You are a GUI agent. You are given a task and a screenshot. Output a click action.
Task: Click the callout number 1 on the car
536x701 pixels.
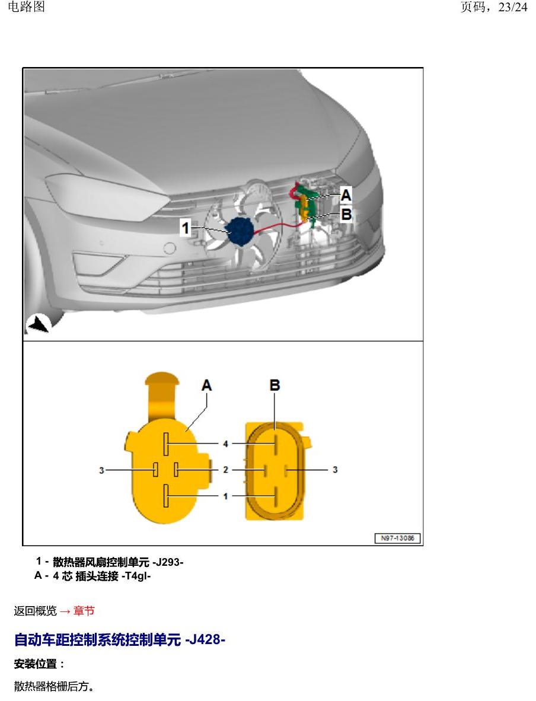(x=185, y=228)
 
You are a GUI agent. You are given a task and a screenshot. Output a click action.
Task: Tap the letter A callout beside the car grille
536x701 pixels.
(x=346, y=195)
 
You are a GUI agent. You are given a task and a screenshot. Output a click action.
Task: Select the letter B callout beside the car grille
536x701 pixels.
(x=346, y=214)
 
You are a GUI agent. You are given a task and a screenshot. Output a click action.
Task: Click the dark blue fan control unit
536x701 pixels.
(x=241, y=231)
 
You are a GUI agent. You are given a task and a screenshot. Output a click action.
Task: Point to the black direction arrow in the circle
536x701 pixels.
(x=38, y=324)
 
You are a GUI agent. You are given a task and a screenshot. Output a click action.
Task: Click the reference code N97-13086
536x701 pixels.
(x=397, y=539)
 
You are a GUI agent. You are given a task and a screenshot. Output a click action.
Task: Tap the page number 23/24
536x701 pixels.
(x=513, y=7)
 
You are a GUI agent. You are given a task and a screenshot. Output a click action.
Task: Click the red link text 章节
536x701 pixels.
(x=84, y=611)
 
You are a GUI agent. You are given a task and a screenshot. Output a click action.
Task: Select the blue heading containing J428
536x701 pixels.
(x=119, y=639)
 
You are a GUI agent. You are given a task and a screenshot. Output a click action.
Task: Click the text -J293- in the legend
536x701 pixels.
(x=168, y=562)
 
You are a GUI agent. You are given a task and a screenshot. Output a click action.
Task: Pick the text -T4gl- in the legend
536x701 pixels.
(x=136, y=576)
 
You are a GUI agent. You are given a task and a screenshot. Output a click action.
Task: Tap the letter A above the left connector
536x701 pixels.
(x=206, y=385)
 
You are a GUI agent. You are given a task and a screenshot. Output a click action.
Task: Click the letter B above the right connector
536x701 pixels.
(x=275, y=385)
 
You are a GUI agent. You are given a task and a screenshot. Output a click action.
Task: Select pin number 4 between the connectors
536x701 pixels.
(x=225, y=444)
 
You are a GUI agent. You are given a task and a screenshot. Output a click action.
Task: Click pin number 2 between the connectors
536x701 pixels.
(x=225, y=470)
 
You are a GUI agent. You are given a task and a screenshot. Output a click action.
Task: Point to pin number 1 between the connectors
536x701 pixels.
(x=225, y=496)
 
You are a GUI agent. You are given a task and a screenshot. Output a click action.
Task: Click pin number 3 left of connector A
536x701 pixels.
(x=101, y=470)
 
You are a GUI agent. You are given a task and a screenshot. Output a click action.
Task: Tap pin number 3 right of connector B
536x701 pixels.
(x=335, y=470)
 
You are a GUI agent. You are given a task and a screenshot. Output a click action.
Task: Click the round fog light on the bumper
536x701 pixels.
(x=170, y=248)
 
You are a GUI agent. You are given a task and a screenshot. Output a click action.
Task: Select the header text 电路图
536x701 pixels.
(x=26, y=7)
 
